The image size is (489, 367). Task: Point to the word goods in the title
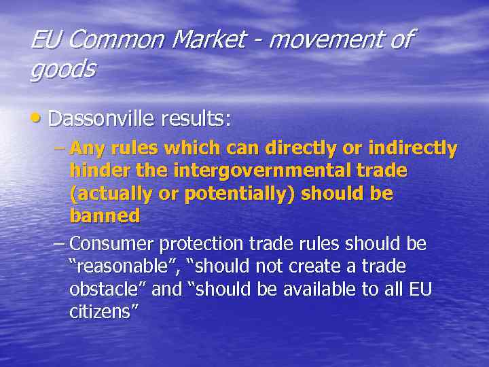click(x=63, y=70)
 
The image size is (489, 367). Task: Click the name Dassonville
click(x=101, y=119)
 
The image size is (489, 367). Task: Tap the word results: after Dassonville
click(x=196, y=119)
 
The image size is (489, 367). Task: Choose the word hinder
click(x=94, y=171)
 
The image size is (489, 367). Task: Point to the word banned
click(x=105, y=217)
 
